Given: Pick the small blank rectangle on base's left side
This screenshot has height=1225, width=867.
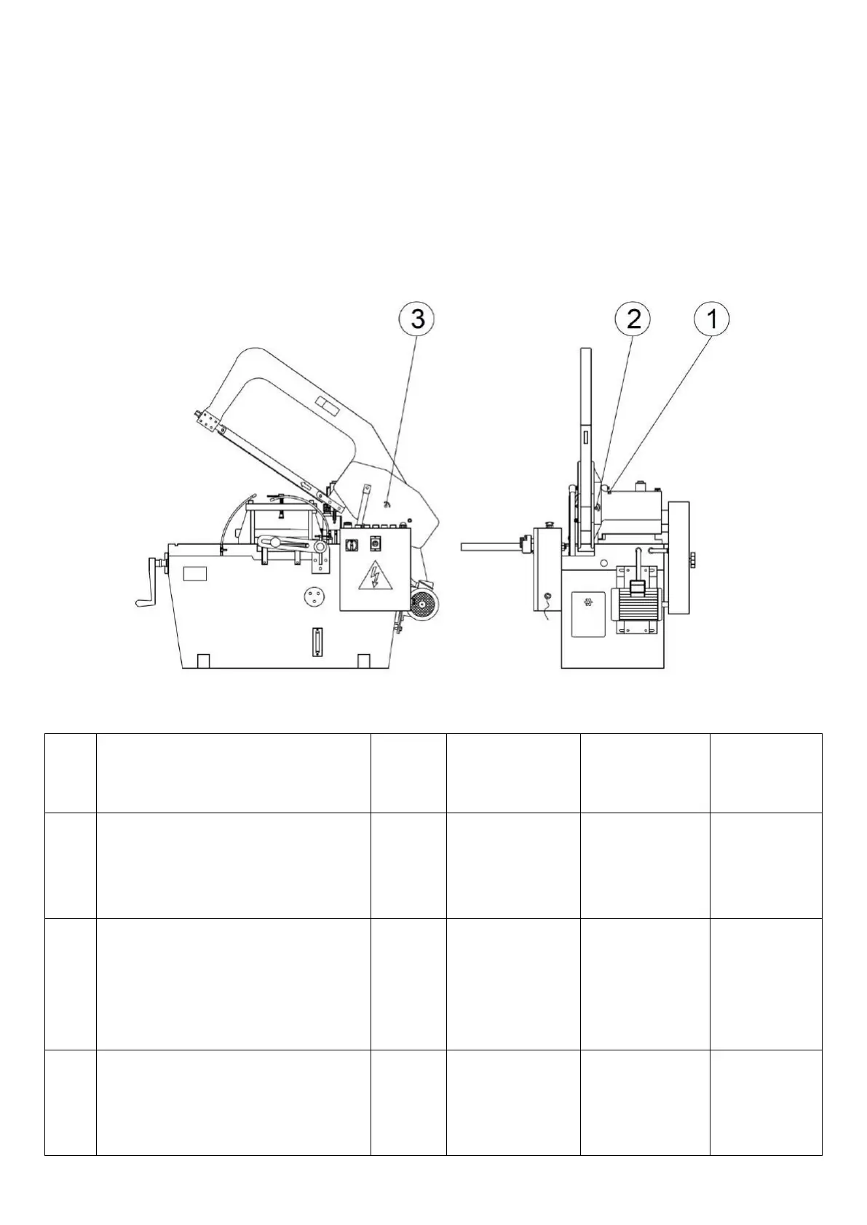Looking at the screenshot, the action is tap(195, 574).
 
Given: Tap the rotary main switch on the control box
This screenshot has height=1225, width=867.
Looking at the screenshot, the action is tap(349, 544).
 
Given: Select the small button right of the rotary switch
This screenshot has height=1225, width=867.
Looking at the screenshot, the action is tap(376, 543).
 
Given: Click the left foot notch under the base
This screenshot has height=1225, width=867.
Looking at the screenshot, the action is tap(205, 661).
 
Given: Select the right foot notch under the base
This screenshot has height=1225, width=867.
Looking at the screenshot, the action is tap(364, 661).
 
